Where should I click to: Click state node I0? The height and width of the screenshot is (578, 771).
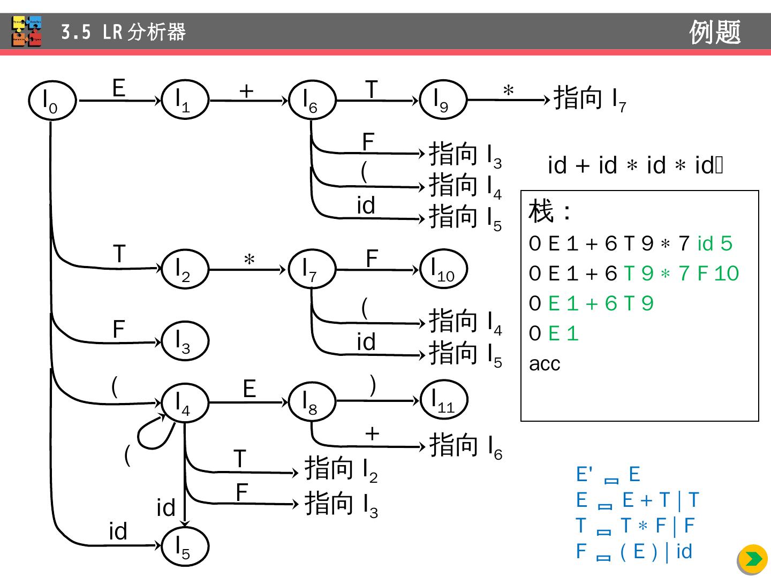coord(52,101)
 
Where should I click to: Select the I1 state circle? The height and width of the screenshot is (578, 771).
coord(185,100)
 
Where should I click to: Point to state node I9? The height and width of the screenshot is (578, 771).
coord(443,100)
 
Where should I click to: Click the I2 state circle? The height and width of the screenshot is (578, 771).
coord(185,269)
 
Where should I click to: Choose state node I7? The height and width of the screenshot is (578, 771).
coord(312,269)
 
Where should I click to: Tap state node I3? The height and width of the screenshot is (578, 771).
coord(185,341)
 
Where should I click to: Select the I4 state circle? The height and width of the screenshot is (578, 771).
coord(185,402)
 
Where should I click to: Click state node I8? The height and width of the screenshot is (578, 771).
coord(312,402)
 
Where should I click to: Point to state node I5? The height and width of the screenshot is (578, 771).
coord(185,546)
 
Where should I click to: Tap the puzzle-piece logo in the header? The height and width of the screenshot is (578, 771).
coord(27,32)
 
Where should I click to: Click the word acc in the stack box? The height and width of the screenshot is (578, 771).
coord(545,364)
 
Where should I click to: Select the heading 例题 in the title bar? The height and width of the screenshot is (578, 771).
coord(715,32)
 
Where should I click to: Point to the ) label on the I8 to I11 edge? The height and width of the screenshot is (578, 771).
coord(373,385)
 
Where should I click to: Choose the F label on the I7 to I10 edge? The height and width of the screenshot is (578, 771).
coord(372,258)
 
